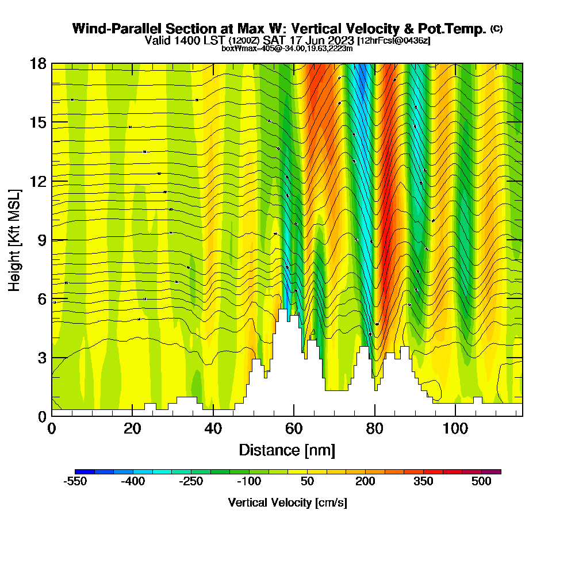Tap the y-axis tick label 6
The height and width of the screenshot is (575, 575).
[x=41, y=299]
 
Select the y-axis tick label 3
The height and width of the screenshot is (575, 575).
[x=41, y=358]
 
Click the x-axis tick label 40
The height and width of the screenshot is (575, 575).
[x=213, y=429]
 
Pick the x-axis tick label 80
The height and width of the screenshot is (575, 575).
[x=374, y=429]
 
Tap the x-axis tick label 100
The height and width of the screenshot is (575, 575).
[x=455, y=429]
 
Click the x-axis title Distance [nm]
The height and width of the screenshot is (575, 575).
[x=287, y=450]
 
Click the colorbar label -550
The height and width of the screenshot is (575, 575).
[x=75, y=482]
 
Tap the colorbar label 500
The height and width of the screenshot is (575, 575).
[x=481, y=482]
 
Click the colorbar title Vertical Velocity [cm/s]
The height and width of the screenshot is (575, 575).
[x=287, y=503]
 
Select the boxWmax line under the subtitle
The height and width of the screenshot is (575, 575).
[x=287, y=48]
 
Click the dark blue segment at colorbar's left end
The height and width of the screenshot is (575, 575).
[x=85, y=471]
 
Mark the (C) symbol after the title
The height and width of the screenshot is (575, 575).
[x=496, y=28]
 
